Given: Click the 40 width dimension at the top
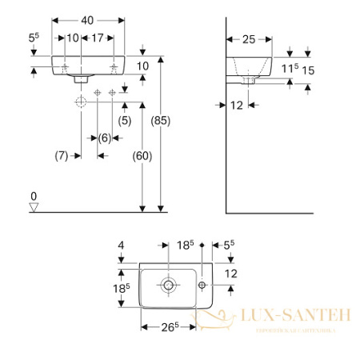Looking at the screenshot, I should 88,18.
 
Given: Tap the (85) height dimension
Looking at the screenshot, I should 160,121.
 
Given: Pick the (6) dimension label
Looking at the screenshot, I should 104,137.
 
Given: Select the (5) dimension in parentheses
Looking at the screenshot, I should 124,121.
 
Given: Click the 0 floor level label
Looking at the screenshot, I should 34,196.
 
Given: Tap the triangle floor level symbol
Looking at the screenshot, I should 34,207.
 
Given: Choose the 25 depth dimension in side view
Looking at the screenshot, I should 249,38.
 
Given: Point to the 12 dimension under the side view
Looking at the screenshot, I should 238,103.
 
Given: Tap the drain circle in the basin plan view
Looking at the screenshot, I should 170,285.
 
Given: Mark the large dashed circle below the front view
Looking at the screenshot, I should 80,102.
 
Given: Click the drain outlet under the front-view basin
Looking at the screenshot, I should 78,78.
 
